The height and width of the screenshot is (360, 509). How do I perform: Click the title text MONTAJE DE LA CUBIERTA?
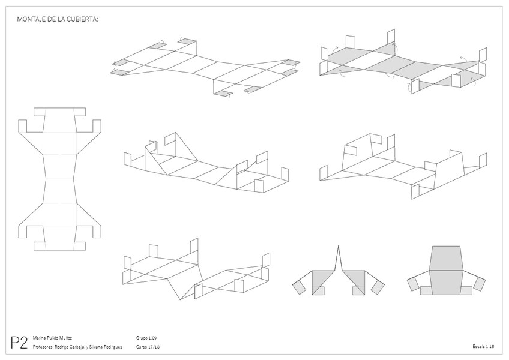click(x=58, y=19)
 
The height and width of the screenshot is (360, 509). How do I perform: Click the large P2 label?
click(x=19, y=343)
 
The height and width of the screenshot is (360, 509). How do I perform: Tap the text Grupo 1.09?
click(x=147, y=338)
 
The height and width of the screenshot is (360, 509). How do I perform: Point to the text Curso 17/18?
click(x=148, y=347)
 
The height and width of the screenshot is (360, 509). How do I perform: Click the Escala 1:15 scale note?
click(x=483, y=347)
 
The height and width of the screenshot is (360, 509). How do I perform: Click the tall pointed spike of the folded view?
click(x=339, y=255)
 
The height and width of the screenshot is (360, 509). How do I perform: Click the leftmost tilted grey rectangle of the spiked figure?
click(x=299, y=286)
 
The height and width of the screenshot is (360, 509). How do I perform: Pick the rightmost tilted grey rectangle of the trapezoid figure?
click(x=479, y=284)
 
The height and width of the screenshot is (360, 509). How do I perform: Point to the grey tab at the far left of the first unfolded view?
click(x=114, y=72)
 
